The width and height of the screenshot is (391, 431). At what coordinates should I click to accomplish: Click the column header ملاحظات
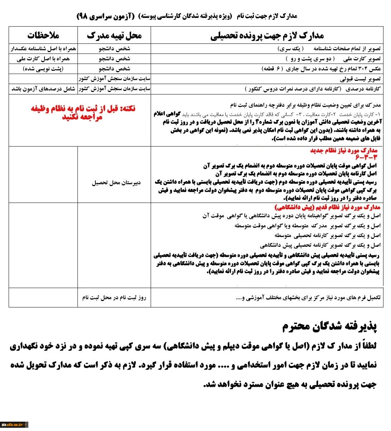pos(43,36)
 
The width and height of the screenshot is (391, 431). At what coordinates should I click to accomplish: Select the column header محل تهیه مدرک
pos(114,36)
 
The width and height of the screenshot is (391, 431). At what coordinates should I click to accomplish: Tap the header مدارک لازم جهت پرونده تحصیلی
pos(267,36)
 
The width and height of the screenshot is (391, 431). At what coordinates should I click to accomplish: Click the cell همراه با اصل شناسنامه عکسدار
pos(43,48)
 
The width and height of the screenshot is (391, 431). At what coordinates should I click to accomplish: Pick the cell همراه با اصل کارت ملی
pos(43,59)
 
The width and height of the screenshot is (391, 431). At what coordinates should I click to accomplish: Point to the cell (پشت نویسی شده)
pos(43,69)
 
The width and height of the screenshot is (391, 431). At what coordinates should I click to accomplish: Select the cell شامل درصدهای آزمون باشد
pos(43,89)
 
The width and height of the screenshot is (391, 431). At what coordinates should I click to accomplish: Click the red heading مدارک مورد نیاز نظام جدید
pos(344,150)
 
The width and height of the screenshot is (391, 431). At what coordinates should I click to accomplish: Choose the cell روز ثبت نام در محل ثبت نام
pos(114,297)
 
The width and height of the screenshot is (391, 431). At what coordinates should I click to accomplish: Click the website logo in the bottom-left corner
pos(14,425)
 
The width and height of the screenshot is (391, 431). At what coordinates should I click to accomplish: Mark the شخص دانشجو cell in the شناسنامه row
pos(114,48)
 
